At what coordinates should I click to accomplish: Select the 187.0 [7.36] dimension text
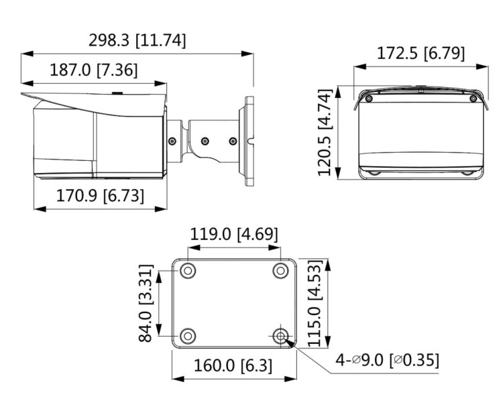point(93,69)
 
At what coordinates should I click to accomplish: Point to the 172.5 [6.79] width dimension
point(419,53)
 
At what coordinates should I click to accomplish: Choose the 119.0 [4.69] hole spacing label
point(233,234)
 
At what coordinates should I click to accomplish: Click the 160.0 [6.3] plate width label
point(233,365)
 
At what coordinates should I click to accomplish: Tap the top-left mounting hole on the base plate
point(188,270)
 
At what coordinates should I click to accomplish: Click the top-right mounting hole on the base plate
point(280,270)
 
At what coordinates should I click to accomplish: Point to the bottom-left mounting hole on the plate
point(188,335)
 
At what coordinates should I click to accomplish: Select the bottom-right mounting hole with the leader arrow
point(280,335)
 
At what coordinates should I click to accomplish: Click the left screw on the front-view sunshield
point(368,99)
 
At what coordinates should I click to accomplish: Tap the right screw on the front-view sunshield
point(473,99)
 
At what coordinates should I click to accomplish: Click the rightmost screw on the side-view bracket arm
point(233,141)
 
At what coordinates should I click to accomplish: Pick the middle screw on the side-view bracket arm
point(205,141)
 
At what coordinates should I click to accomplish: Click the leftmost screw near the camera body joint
point(173,141)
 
